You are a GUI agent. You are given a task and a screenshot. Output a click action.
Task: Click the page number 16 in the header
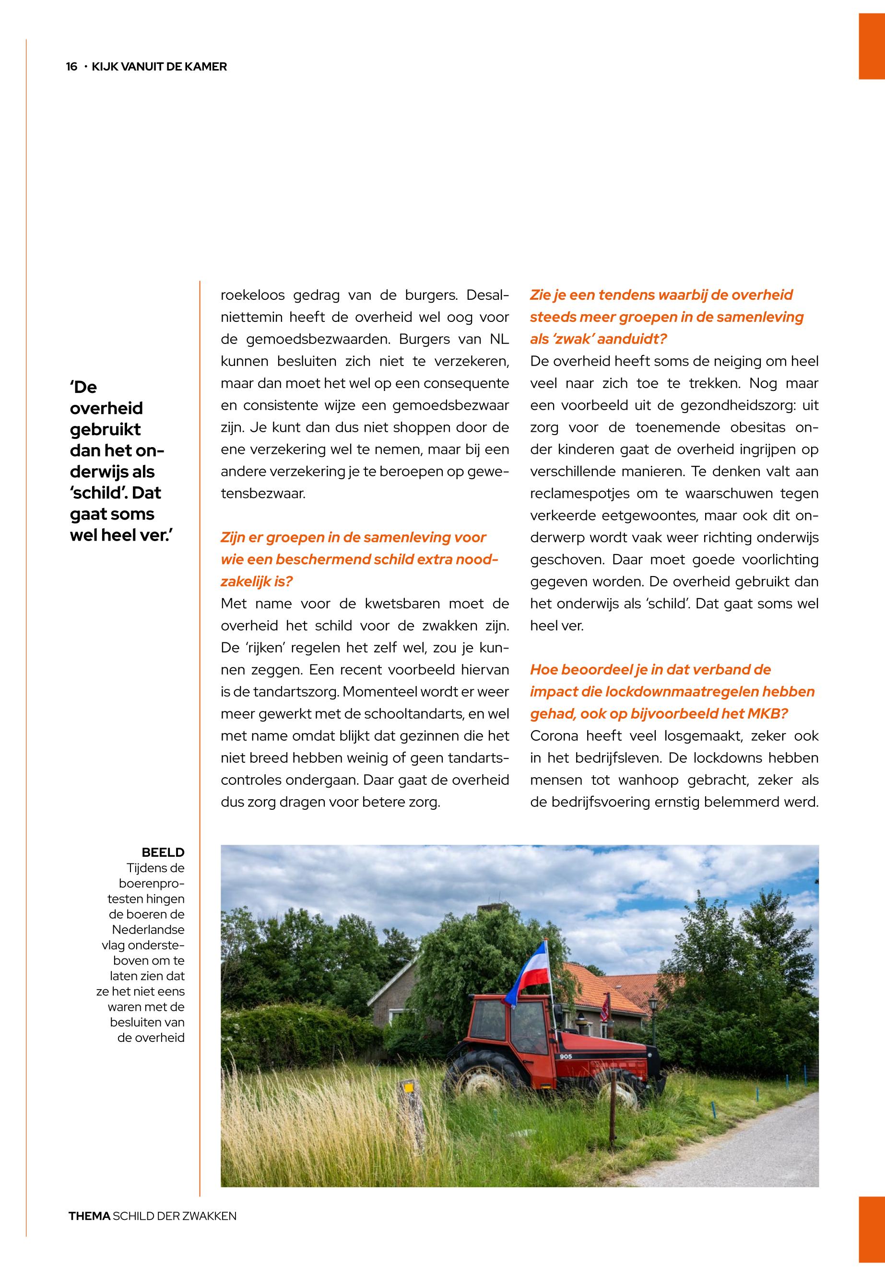tap(71, 67)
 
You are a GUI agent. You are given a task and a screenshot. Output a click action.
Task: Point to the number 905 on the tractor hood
tap(566, 1056)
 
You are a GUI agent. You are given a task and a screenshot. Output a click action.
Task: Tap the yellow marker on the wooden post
tap(409, 1087)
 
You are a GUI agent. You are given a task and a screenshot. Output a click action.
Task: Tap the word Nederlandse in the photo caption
tap(148, 929)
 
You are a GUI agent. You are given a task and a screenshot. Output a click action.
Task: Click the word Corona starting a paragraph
tap(554, 736)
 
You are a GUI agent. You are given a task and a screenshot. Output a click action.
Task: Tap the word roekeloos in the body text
tap(252, 295)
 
